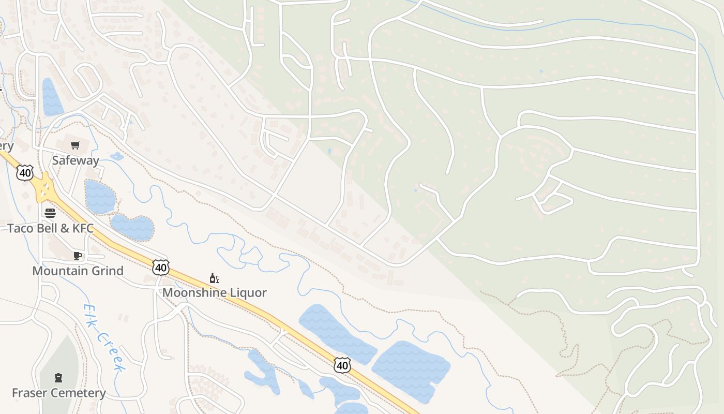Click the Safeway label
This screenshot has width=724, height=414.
76,160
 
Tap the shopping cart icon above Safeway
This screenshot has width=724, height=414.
76,145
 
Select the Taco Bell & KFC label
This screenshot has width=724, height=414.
50,228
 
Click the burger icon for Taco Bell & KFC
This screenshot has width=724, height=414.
50,213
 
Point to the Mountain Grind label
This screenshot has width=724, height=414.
78,271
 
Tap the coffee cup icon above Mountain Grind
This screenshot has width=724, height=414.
78,256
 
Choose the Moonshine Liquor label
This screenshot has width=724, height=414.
215,292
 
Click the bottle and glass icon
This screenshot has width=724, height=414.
215,278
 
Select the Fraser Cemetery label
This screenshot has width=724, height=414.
58,393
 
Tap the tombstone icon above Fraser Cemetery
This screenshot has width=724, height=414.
58,378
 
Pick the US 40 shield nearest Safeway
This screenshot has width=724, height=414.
25,172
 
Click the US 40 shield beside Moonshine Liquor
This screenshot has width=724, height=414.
161,267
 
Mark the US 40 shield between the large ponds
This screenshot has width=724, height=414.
342,365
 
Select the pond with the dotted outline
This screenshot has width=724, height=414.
132,228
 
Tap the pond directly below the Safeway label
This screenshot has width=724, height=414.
99,197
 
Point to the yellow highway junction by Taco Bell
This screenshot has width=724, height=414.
44,189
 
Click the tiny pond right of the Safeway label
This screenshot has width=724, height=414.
117,156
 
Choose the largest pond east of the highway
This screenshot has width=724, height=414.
411,370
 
